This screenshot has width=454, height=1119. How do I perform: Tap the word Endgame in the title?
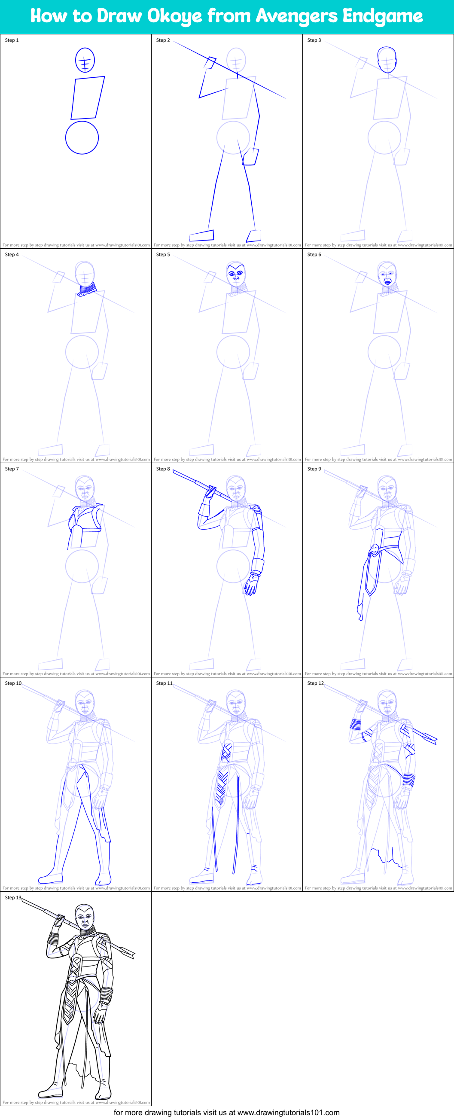pyautogui.click(x=382, y=16)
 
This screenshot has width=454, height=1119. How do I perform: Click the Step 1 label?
pyautogui.click(x=12, y=40)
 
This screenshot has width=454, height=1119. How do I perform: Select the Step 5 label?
pyautogui.click(x=163, y=255)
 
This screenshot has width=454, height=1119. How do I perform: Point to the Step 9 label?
pyautogui.click(x=314, y=469)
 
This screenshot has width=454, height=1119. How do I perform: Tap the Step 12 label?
pyautogui.click(x=315, y=683)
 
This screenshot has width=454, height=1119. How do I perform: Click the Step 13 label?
pyautogui.click(x=13, y=897)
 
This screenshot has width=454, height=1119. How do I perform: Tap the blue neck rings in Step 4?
pyautogui.click(x=87, y=288)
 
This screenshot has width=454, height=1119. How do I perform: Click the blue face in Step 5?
pyautogui.click(x=236, y=274)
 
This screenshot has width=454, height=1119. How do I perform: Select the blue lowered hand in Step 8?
pyautogui.click(x=251, y=585)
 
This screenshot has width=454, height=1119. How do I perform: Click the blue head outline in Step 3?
pyautogui.click(x=387, y=60)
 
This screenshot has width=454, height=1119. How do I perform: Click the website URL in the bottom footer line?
pyautogui.click(x=289, y=1113)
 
